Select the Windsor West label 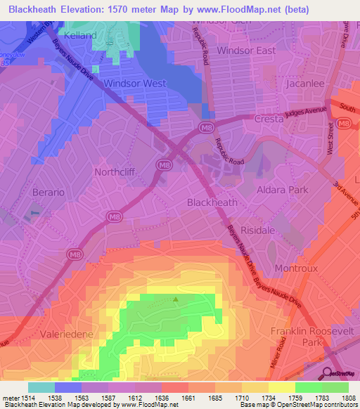(134, 83)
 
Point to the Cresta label (269, 119)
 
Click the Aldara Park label (283, 190)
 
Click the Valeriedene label (68, 335)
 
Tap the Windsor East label (246, 51)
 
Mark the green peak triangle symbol (176, 299)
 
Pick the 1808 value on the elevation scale (349, 398)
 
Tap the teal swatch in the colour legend (41, 387)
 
